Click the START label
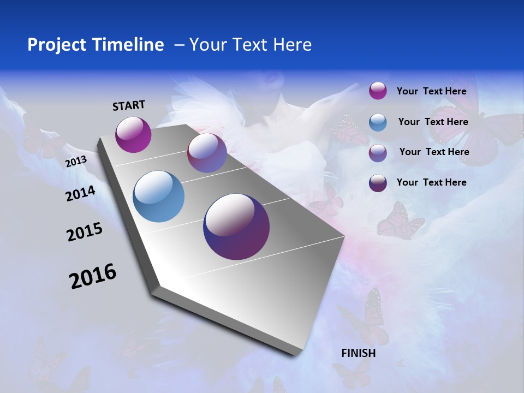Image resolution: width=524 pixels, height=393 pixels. coord(129,105)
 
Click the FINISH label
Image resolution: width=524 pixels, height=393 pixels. coord(359,353)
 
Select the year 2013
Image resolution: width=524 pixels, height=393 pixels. coord(76,162)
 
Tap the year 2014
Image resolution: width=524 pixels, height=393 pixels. coord(80,193)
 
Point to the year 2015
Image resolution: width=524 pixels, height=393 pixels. coord(85,232)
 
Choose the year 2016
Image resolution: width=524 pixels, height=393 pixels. coord(93,276)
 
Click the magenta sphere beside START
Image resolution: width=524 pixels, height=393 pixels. coord(133,135)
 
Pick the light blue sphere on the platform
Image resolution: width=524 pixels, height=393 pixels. coord(159,196)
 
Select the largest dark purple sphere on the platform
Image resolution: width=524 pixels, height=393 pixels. coord(236,227)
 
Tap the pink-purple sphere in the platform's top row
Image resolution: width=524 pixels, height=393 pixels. coord(207,153)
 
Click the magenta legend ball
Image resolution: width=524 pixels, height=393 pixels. coord(378,91)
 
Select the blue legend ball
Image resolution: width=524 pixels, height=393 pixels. coord(378,122)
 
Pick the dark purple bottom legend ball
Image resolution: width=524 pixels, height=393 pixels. coord(378,183)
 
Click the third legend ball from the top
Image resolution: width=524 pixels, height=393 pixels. coord(378,153)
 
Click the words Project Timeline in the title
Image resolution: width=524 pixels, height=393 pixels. coord(96,45)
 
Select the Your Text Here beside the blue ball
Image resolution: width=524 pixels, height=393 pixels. coord(433,122)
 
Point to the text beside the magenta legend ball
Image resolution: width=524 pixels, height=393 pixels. coord(431,91)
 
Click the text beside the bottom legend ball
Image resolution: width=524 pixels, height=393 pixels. coord(431,182)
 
